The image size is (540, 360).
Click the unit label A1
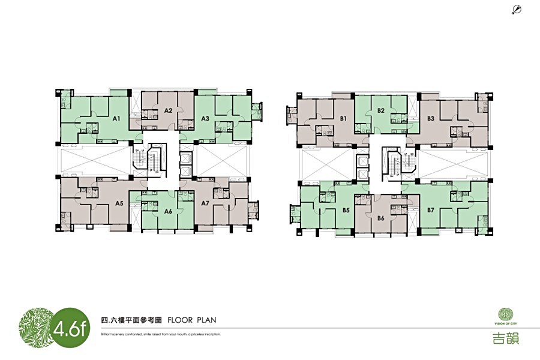117,119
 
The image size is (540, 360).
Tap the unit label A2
169,110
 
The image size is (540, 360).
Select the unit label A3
205,119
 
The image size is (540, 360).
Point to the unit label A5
119,203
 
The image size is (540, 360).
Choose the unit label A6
168,211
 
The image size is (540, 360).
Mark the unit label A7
205,203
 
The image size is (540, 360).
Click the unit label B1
343,119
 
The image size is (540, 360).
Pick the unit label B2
380,110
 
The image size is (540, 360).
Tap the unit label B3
431,119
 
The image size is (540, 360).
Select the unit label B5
346,210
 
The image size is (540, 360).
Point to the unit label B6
380,218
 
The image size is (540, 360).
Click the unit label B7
431,210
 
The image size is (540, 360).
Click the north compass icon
517,8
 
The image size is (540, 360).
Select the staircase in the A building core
143,159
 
